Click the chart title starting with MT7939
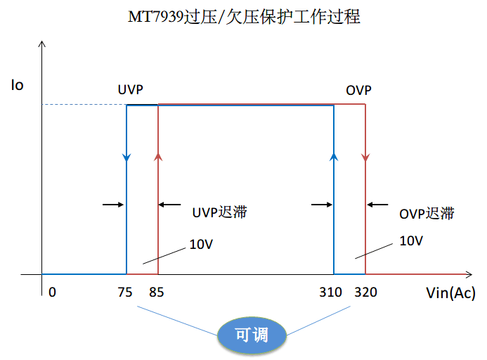243,17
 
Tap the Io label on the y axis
17,86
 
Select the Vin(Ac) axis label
450,293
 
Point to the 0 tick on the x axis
51,292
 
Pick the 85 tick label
158,292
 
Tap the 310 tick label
330,292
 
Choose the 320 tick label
365,292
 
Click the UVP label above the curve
131,90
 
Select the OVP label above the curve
358,90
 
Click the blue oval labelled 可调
252,335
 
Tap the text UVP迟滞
219,212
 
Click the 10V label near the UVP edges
201,245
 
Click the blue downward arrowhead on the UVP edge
126,157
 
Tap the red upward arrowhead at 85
158,155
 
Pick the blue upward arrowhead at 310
333,155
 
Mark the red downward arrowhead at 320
365,157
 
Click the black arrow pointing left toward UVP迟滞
170,205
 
